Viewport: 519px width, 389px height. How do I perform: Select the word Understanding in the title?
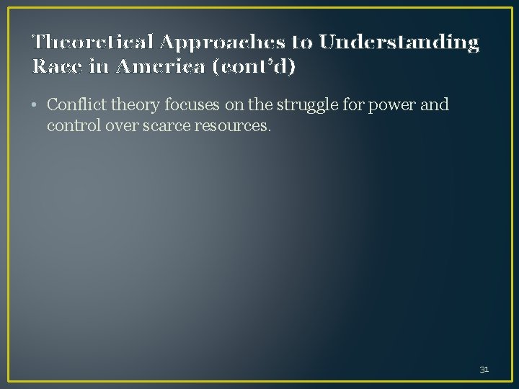pyautogui.click(x=399, y=43)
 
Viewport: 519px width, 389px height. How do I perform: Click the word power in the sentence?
pyautogui.click(x=399, y=106)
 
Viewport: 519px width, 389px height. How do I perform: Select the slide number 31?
pyautogui.click(x=484, y=369)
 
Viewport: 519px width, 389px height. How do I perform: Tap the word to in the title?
pyautogui.click(x=303, y=43)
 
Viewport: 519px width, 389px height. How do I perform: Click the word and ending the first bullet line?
pyautogui.click(x=435, y=105)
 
